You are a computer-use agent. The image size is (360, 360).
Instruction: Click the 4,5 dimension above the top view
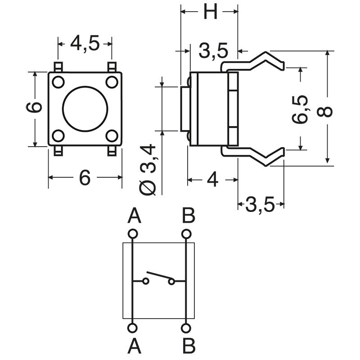click(85, 44)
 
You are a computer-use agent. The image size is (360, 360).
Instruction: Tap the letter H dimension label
click(210, 12)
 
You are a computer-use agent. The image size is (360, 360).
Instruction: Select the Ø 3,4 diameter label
click(149, 169)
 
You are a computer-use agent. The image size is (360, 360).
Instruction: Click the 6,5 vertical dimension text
click(300, 109)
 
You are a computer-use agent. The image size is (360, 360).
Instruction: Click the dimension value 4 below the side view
click(212, 180)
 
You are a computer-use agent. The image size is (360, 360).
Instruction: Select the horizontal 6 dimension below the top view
click(85, 178)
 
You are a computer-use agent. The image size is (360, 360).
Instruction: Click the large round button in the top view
click(85, 108)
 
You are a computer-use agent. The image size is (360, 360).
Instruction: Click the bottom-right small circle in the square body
click(112, 135)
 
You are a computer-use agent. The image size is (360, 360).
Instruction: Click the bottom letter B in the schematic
click(189, 346)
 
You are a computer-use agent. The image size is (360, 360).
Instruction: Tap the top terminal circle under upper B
click(185, 234)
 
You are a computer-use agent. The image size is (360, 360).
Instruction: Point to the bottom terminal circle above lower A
click(132, 328)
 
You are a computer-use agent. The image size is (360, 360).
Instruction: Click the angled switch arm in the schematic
click(160, 275)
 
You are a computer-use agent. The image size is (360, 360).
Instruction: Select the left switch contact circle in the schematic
click(145, 282)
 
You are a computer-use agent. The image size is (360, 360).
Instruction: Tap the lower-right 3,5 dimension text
click(260, 206)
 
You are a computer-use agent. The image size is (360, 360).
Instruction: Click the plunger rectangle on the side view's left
click(184, 109)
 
